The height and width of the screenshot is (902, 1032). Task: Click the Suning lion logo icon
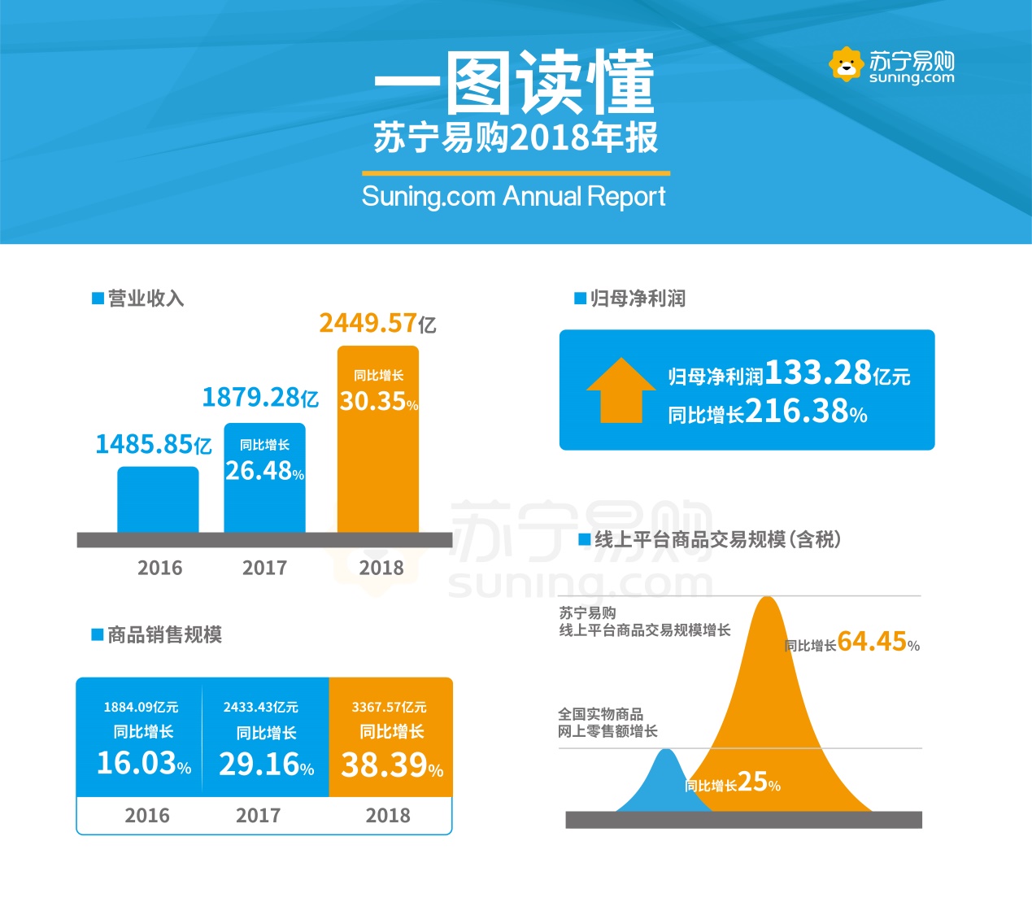(846, 64)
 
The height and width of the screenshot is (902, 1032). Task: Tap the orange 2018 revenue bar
(378, 472)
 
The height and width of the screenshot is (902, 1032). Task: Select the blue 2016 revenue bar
(158, 499)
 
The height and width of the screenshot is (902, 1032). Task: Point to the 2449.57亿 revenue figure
(377, 324)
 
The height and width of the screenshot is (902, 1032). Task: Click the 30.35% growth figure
(378, 402)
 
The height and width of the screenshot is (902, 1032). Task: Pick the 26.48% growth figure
(264, 471)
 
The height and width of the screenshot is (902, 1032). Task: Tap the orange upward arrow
(621, 390)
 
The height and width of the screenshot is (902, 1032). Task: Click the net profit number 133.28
(817, 373)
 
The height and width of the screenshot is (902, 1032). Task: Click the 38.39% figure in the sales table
(391, 765)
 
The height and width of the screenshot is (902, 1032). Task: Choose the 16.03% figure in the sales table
(143, 763)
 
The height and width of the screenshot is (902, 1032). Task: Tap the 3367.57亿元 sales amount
(389, 708)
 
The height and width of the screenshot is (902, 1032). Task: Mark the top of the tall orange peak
(766, 602)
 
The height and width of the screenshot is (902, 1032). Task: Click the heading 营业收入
(146, 298)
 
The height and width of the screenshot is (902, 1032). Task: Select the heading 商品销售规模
(164, 634)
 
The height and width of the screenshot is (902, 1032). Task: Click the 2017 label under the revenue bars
(264, 568)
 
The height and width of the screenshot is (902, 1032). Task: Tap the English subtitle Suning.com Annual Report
(513, 197)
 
